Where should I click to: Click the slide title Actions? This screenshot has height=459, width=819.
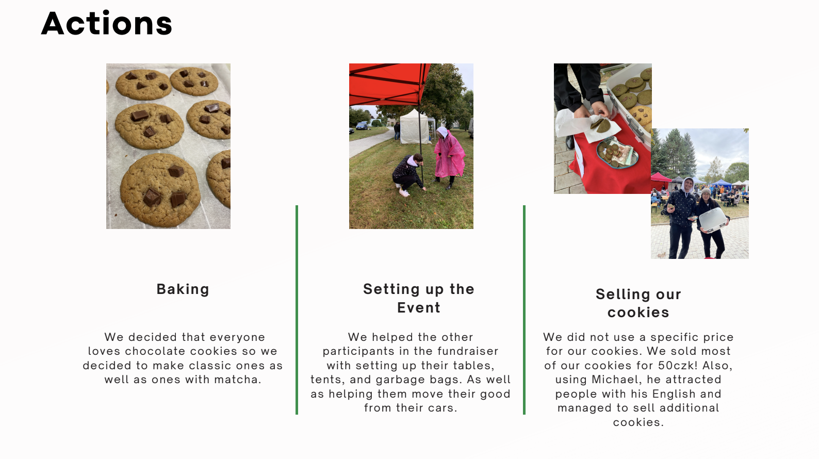tap(106, 23)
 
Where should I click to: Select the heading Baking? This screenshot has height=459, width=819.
tap(183, 289)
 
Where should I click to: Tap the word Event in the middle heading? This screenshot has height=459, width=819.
tap(419, 307)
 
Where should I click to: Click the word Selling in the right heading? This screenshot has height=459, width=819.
tap(618, 294)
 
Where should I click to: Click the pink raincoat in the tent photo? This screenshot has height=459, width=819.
tap(449, 154)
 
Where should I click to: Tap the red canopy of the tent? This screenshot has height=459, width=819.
tap(389, 84)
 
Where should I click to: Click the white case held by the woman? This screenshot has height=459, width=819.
tap(713, 220)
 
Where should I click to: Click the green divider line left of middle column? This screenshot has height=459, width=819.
tap(297, 310)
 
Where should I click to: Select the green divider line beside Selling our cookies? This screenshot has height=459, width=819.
tap(525, 310)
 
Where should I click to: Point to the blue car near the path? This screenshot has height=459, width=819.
tap(362, 126)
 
